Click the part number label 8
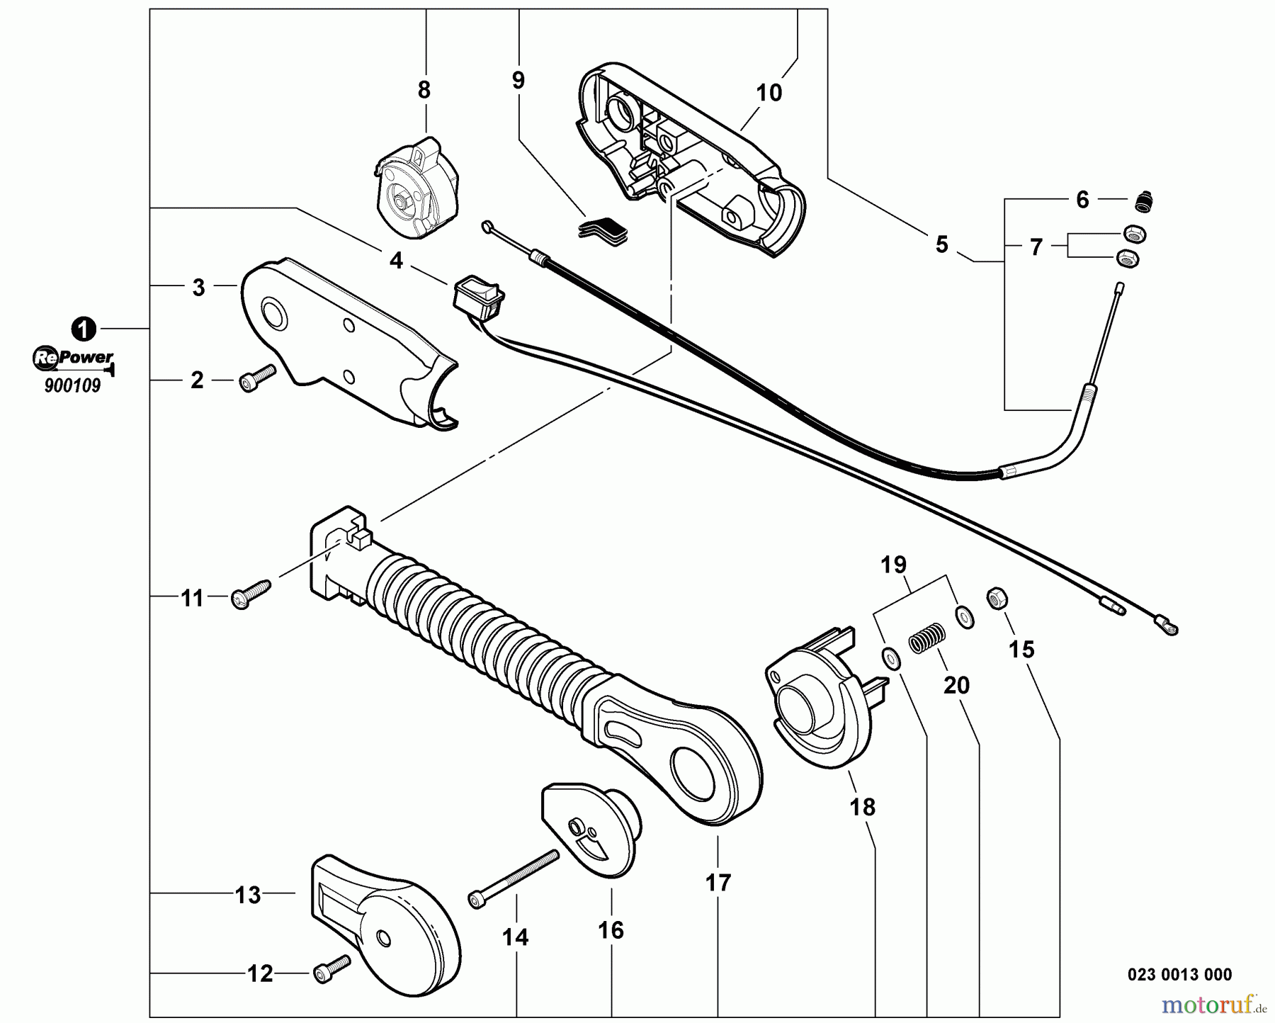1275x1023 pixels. tap(424, 90)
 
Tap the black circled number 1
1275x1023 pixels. tap(84, 329)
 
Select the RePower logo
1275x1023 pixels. tap(73, 358)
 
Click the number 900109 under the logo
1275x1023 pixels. tap(72, 386)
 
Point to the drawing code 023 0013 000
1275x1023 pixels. tap(1179, 974)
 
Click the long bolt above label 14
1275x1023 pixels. tap(513, 877)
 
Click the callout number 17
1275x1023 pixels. tap(718, 883)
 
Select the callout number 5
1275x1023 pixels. tap(941, 244)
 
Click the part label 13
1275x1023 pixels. tap(248, 895)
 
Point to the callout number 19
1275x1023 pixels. tap(894, 565)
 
